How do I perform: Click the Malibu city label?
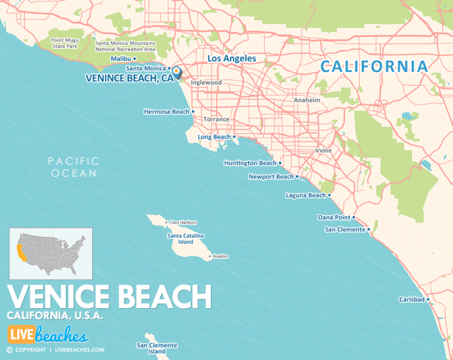(122, 58)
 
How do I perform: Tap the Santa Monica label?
(146, 68)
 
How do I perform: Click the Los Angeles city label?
(232, 58)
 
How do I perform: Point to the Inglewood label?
(206, 83)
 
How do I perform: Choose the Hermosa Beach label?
(167, 111)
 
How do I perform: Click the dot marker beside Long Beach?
(234, 137)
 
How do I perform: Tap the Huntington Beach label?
(250, 163)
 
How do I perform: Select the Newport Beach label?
(271, 176)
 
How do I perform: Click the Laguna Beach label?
(306, 195)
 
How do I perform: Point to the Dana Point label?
(334, 217)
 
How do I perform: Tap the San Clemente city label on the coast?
(345, 230)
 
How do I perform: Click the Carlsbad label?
(412, 299)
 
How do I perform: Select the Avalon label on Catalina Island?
(220, 256)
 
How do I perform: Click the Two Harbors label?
(183, 222)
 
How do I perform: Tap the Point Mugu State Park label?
(65, 43)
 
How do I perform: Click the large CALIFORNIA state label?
(374, 67)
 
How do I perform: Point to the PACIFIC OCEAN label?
(74, 167)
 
